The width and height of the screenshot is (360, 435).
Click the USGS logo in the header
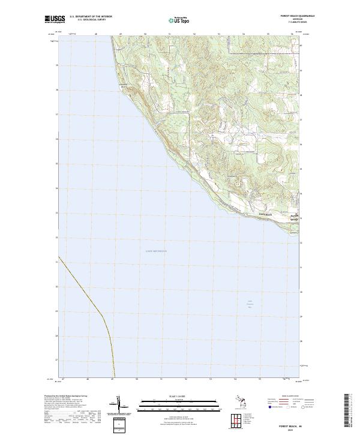[55, 19]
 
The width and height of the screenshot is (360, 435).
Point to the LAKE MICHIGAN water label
[156, 250]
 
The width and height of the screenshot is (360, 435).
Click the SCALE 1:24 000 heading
[179, 396]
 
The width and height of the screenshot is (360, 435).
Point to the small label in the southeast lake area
[251, 304]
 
